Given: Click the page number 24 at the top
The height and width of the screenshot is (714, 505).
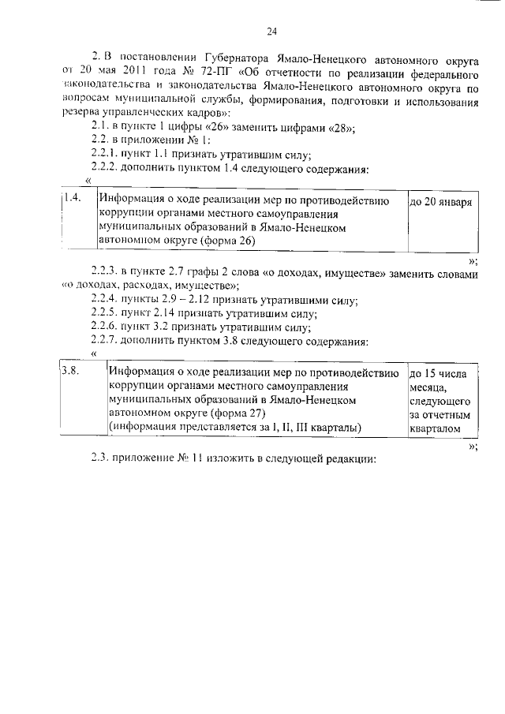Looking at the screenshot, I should click(x=271, y=32).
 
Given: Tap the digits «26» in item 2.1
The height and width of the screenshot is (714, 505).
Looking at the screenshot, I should click(x=200, y=129).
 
